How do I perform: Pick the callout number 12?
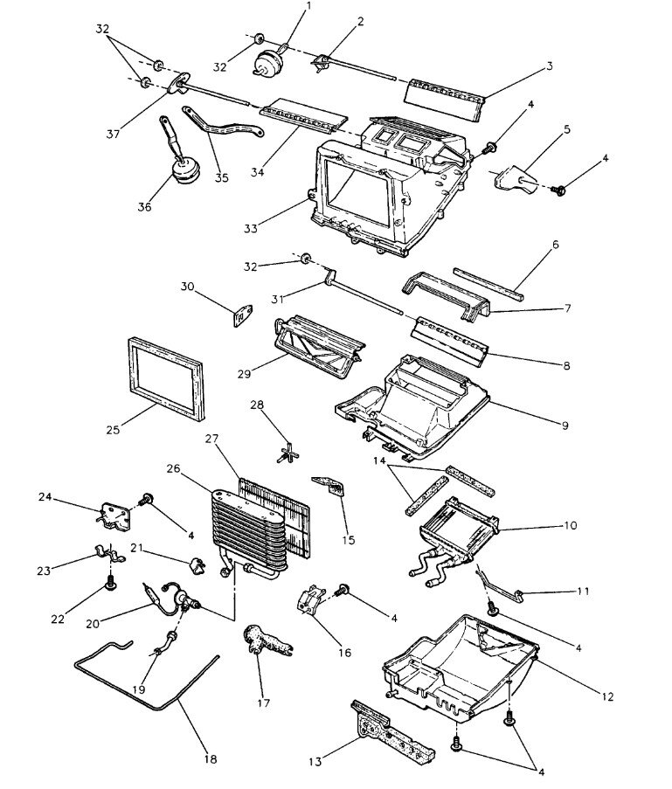[606, 696]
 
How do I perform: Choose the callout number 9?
[564, 426]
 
